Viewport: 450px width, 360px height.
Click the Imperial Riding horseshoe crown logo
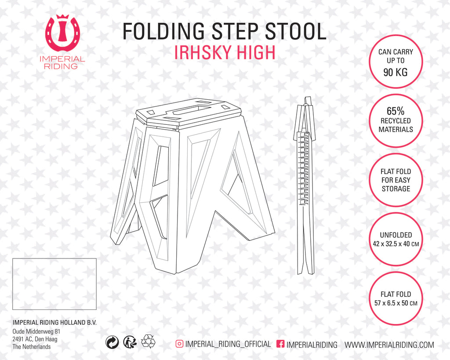63,33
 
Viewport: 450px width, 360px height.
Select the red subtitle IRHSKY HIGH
225,52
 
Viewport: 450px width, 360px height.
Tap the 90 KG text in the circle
396,72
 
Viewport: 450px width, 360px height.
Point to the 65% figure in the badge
396,111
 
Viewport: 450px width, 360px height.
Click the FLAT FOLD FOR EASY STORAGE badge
396,180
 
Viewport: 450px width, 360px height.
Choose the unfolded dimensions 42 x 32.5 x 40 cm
396,244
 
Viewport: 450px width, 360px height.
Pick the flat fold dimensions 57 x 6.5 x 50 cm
396,303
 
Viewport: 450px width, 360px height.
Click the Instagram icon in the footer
179,344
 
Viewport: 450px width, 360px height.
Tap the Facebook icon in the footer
280,344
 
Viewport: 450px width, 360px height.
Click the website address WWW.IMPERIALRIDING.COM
389,345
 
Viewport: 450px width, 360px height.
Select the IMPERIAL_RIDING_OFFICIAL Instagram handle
228,344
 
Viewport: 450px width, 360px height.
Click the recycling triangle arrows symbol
148,342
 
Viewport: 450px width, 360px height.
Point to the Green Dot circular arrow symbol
112,342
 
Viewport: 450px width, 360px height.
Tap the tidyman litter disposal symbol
130,342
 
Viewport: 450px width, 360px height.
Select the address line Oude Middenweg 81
36,331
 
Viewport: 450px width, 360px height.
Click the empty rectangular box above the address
54,284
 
